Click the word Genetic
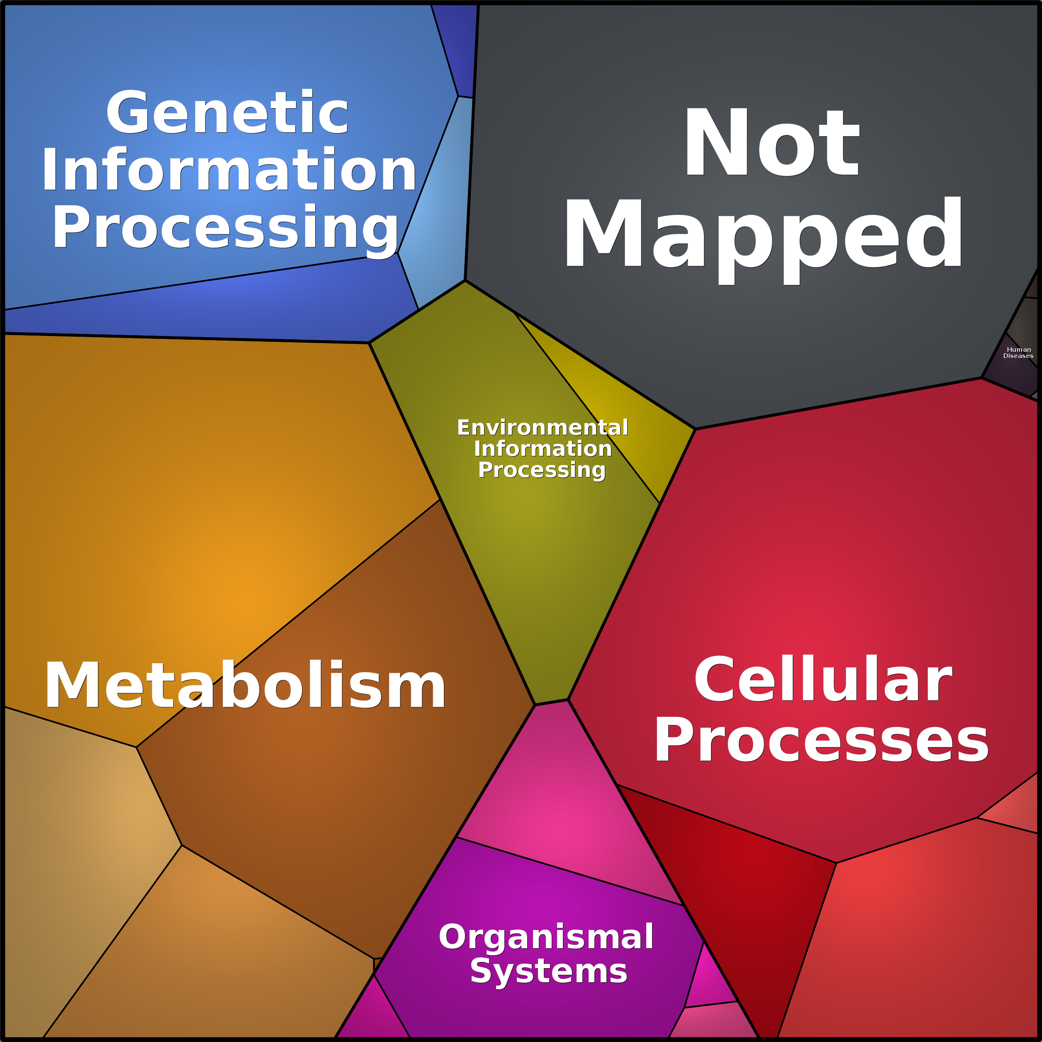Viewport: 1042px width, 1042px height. click(227, 113)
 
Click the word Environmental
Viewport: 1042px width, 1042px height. click(543, 428)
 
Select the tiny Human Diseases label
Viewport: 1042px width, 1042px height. click(1018, 353)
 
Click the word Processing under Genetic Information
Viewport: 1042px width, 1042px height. click(225, 228)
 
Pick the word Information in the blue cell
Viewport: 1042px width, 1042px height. click(229, 169)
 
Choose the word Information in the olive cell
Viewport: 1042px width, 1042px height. click(543, 449)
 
